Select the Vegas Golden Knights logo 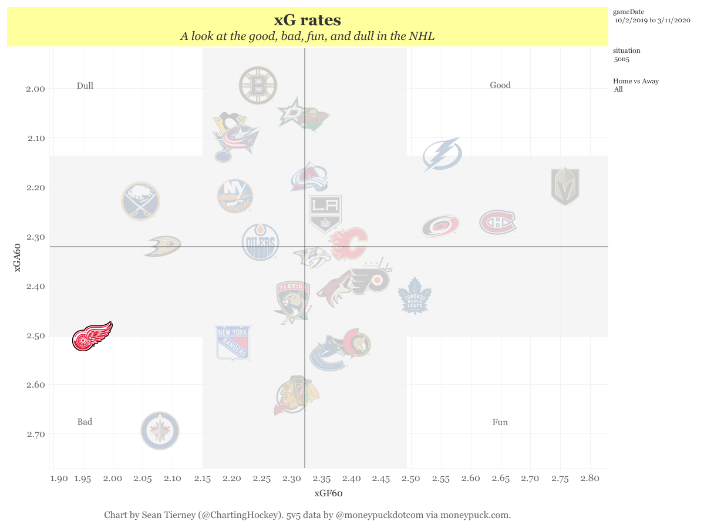[x=565, y=187]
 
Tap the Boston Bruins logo [x=258, y=86]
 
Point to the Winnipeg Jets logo [x=160, y=431]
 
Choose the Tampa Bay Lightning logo [x=442, y=155]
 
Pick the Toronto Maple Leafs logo [x=415, y=295]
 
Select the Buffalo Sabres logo [x=140, y=201]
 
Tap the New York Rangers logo [x=233, y=342]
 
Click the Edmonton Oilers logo [x=260, y=242]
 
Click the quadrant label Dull [x=85, y=86]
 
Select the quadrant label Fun [x=500, y=422]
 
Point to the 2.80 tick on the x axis [x=590, y=478]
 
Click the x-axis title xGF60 [x=328, y=493]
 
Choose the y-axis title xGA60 [x=19, y=258]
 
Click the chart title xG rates [x=307, y=21]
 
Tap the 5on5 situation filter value [x=621, y=59]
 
